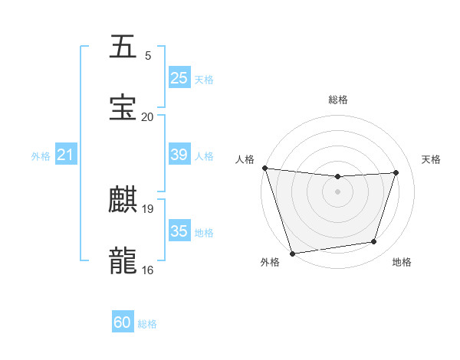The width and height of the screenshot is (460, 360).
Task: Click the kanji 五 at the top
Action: [123, 47]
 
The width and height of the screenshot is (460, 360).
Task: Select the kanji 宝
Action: [123, 108]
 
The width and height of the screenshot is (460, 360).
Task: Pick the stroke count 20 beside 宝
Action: [148, 116]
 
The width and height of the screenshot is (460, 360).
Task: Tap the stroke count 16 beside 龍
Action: [148, 270]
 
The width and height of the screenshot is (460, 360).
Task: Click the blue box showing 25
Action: [179, 77]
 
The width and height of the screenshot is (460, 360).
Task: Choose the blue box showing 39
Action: [179, 155]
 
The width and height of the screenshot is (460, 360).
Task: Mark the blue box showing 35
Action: [179, 231]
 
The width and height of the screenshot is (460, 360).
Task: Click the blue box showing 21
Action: [65, 155]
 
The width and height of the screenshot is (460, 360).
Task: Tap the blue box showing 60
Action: [123, 322]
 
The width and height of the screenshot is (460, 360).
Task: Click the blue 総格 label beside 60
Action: [147, 324]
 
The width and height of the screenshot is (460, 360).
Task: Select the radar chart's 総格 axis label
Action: [338, 100]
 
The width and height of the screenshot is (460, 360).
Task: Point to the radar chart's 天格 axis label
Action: [432, 159]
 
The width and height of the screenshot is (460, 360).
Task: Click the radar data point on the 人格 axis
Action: [264, 168]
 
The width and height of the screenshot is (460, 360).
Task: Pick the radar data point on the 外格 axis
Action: [292, 253]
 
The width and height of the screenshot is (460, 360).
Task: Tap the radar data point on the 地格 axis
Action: [374, 242]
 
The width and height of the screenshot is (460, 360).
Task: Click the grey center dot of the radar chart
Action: [338, 191]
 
